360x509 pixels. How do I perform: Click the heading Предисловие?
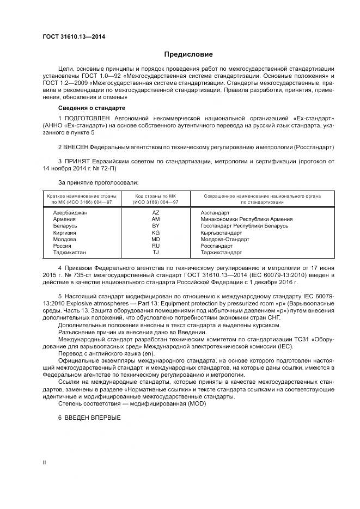click(188, 54)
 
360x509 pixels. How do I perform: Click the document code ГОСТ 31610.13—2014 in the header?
click(74, 36)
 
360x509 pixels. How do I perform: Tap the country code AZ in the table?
click(155, 212)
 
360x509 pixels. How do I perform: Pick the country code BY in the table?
click(155, 225)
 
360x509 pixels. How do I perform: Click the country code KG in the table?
click(155, 232)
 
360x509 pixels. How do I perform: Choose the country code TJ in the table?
click(155, 253)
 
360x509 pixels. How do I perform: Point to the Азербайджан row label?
click(70, 212)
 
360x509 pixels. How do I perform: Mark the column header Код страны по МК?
click(155, 195)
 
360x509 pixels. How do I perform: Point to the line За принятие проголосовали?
click(98, 182)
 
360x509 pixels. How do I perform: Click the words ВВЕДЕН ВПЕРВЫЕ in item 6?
click(93, 418)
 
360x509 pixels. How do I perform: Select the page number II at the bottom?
click(45, 462)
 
